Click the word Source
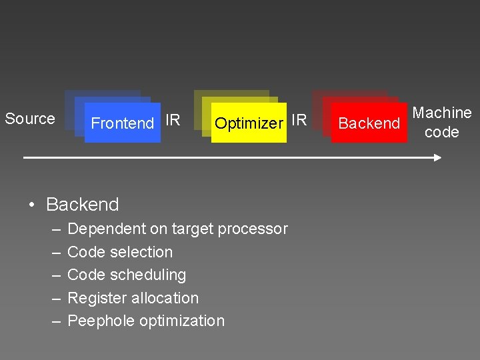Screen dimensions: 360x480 (x=30, y=119)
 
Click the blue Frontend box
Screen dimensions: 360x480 (x=123, y=123)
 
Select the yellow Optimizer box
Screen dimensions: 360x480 (x=249, y=123)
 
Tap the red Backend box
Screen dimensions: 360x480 (x=369, y=123)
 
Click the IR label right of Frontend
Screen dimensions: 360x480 (x=173, y=120)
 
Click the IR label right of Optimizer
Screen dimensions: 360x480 (x=299, y=120)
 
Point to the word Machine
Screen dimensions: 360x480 (x=442, y=113)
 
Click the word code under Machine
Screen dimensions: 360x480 (x=441, y=132)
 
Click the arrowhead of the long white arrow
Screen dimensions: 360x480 (x=437, y=158)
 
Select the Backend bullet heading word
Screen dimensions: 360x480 (x=83, y=205)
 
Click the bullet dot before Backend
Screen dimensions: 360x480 (x=32, y=205)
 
